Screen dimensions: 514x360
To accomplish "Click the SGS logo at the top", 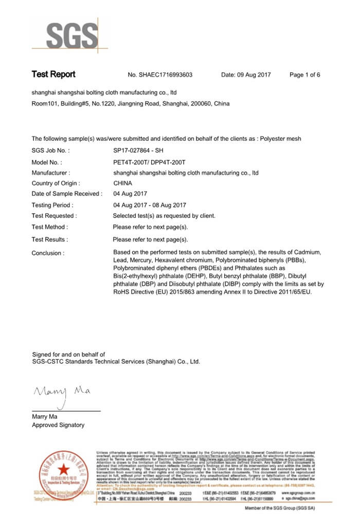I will pyautogui.click(x=72, y=35).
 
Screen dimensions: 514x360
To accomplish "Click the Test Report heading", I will pyautogui.click(x=53, y=75).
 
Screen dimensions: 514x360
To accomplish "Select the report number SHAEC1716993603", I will pyautogui.click(x=166, y=75).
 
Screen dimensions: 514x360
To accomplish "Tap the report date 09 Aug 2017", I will pyautogui.click(x=246, y=75).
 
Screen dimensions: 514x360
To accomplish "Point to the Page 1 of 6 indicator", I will pyautogui.click(x=304, y=75).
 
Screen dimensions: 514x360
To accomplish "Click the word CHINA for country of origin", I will pyautogui.click(x=122, y=183).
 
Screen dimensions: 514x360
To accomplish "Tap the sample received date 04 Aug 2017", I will pyautogui.click(x=130, y=194).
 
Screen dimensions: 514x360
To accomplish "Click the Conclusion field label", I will pyautogui.click(x=48, y=253).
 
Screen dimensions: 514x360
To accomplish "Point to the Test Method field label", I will pyautogui.click(x=50, y=227).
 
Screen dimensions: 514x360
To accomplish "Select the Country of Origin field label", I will pyautogui.click(x=56, y=183).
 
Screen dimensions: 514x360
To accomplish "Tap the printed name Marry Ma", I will pyautogui.click(x=45, y=416).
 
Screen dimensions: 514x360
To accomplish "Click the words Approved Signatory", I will pyautogui.click(x=58, y=425).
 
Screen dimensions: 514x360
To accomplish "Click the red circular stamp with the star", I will pyautogui.click(x=63, y=470).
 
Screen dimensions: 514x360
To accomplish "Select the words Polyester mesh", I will pyautogui.click(x=280, y=139).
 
